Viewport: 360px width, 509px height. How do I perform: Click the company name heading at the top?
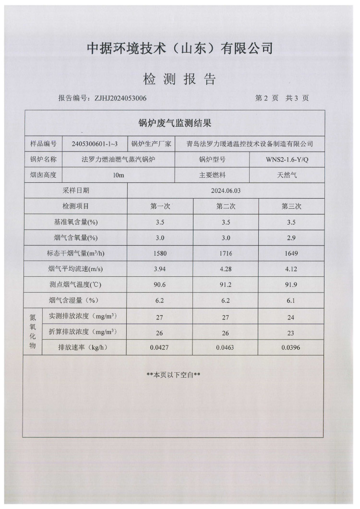pyautogui.click(x=180, y=48)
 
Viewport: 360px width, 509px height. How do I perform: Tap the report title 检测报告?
pyautogui.click(x=180, y=79)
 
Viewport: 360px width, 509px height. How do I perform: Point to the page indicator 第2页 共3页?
pyautogui.click(x=282, y=98)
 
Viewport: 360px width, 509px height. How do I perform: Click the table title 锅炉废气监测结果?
pyautogui.click(x=174, y=123)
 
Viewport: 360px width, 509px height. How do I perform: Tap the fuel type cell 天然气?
pyautogui.click(x=287, y=175)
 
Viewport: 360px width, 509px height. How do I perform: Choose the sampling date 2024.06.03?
pyautogui.click(x=226, y=190)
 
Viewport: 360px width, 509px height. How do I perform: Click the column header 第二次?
pyautogui.click(x=226, y=206)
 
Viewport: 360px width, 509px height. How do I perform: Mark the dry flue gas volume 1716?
pyautogui.click(x=226, y=253)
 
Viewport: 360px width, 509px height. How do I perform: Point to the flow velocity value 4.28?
pyautogui.click(x=226, y=269)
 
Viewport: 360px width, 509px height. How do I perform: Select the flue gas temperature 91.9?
pyautogui.click(x=291, y=284)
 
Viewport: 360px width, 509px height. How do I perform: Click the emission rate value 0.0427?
pyautogui.click(x=160, y=347)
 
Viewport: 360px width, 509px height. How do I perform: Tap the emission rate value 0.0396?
pyautogui.click(x=291, y=347)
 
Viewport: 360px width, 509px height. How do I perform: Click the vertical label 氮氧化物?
pyautogui.click(x=33, y=331)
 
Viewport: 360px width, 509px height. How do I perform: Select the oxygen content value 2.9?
pyautogui.click(x=291, y=238)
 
